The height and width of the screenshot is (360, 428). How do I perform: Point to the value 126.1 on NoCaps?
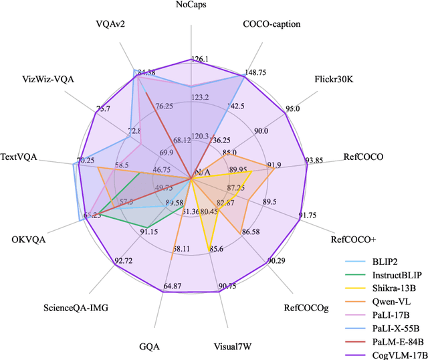coord(200,59)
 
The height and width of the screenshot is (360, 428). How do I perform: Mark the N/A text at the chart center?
coord(203,173)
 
